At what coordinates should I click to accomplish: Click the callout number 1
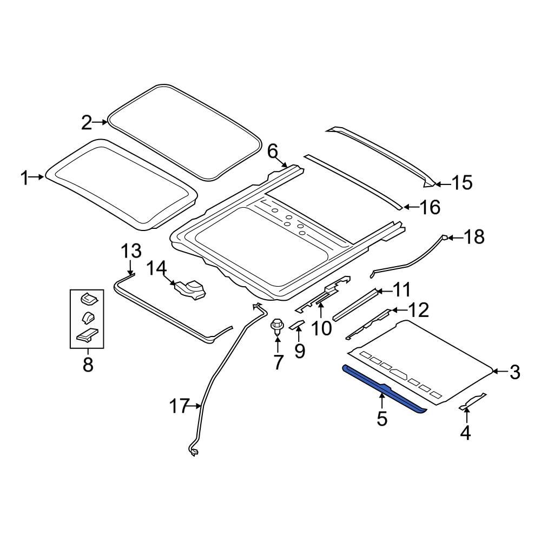pos(25,177)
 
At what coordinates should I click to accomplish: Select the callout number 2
pos(87,123)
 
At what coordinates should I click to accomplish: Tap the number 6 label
pos(272,151)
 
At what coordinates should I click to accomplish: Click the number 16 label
pos(430,207)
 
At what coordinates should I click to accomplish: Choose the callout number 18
pos(474,237)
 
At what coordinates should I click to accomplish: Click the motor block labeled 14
pos(189,288)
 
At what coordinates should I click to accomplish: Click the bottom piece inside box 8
pos(88,335)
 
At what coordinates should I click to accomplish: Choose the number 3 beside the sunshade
pos(514,372)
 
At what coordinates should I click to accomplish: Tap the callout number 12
pos(418,310)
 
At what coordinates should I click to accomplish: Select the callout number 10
pos(321,327)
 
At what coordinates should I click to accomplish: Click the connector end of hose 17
pos(193,451)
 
